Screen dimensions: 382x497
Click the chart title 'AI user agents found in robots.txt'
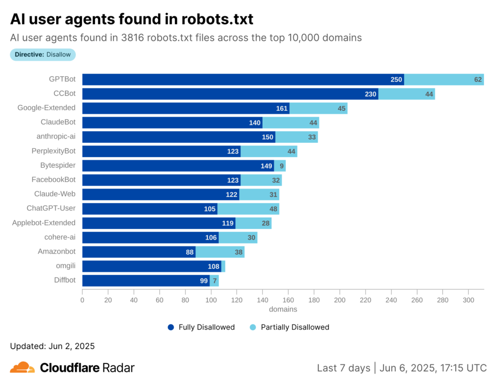pyautogui.click(x=132, y=19)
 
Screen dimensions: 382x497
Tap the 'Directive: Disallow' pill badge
pyautogui.click(x=43, y=54)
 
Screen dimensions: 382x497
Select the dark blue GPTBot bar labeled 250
pyautogui.click(x=243, y=80)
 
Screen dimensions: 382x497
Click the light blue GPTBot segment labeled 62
pyautogui.click(x=444, y=80)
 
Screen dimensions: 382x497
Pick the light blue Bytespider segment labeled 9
pyautogui.click(x=280, y=166)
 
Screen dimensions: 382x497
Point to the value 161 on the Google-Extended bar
pyautogui.click(x=282, y=108)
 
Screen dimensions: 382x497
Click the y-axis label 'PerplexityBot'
pyautogui.click(x=53, y=151)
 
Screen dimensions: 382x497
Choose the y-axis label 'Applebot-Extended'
pyautogui.click(x=44, y=223)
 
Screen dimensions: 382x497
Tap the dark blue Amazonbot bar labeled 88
pyautogui.click(x=138, y=252)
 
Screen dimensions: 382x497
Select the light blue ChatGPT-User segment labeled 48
pyautogui.click(x=248, y=209)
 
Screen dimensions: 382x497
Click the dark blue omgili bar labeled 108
pyautogui.click(x=151, y=266)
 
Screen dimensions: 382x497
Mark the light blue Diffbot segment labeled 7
pyautogui.click(x=214, y=280)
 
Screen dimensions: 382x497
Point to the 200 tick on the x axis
pyautogui.click(x=340, y=300)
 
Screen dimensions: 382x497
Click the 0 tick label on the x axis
pyautogui.click(x=83, y=300)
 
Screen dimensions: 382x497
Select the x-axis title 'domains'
pyautogui.click(x=283, y=309)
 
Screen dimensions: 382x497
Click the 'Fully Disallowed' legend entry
pyautogui.click(x=201, y=327)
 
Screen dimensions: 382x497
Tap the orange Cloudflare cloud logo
pyautogui.click(x=22, y=367)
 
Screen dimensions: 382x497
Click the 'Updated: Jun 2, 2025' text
pyautogui.click(x=52, y=346)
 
